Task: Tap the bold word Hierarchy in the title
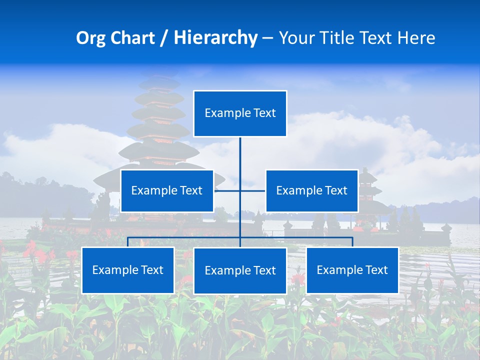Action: [x=215, y=38]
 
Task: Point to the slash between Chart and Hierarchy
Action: [x=163, y=38]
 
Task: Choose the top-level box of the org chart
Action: [x=240, y=113]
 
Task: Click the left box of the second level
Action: [x=167, y=190]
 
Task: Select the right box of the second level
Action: [x=311, y=190]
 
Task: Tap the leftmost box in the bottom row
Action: [x=128, y=270]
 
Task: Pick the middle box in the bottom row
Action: [x=240, y=270]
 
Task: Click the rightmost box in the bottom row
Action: [x=352, y=270]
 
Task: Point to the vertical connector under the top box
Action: [x=240, y=155]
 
